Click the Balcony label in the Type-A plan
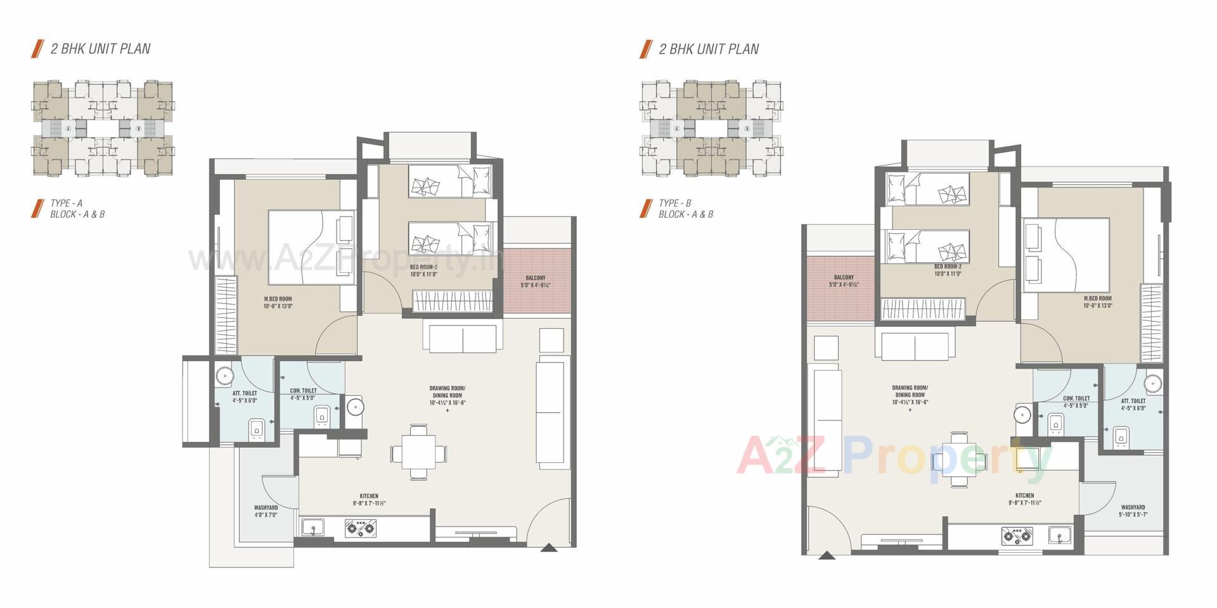(535, 281)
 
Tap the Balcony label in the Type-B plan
(844, 281)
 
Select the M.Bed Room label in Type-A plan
(278, 302)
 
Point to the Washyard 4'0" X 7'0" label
(266, 511)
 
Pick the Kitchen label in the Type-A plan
(369, 500)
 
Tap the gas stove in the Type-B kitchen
(1017, 536)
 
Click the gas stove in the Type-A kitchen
(360, 528)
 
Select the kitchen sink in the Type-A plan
(312, 527)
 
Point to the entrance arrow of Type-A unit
(549, 548)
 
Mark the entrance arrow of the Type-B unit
(826, 555)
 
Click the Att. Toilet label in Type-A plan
(245, 396)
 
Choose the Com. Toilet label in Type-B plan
(1076, 402)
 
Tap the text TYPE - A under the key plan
(67, 203)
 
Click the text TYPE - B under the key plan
(674, 203)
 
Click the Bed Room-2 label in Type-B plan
(948, 270)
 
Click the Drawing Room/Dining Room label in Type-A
(448, 395)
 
